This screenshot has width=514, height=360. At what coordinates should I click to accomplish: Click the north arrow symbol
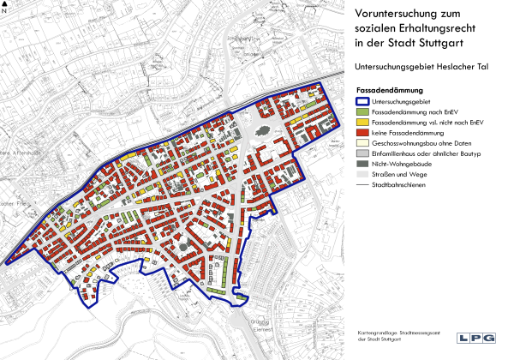pos(5,8)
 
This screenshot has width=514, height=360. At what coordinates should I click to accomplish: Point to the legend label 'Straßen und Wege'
pos(399,174)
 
